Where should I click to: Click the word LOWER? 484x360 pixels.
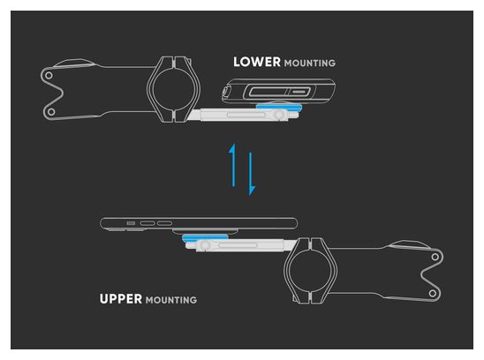tap(257, 62)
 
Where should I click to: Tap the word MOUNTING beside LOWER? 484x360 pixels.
tap(310, 64)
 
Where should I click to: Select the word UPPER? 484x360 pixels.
tap(121, 299)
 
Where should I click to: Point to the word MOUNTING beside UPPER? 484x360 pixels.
tap(171, 300)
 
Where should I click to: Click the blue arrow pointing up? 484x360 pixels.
tap(233, 165)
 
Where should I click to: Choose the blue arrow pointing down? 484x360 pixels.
tap(251, 174)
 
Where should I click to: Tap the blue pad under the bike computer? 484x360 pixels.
tap(279, 107)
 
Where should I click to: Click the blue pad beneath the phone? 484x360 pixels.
tap(205, 237)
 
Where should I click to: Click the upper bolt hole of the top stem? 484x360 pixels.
tap(49, 75)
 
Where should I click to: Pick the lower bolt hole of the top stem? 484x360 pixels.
tap(51, 112)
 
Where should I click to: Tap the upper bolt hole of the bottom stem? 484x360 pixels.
tap(435, 257)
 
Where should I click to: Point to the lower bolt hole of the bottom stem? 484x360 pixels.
tap(433, 293)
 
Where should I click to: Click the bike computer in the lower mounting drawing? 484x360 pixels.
tap(278, 91)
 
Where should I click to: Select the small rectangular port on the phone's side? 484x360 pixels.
tap(131, 223)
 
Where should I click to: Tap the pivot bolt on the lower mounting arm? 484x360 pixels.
tap(279, 115)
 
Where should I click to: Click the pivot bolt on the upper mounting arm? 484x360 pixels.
tap(204, 245)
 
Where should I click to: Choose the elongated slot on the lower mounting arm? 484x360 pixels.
tap(246, 115)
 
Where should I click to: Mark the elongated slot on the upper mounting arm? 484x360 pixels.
tap(238, 245)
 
